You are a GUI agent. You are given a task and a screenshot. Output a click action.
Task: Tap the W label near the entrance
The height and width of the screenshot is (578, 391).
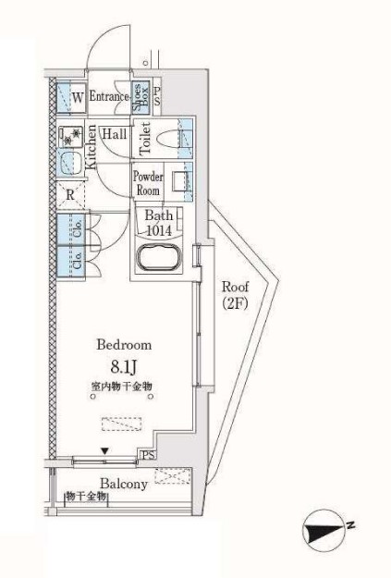point(78,96)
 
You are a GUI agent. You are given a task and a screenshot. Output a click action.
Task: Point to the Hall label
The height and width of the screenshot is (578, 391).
point(115,133)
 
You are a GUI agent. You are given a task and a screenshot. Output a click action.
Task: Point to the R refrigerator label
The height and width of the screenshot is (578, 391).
point(70,194)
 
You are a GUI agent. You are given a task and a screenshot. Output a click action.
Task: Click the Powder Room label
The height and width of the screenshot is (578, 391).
point(148,182)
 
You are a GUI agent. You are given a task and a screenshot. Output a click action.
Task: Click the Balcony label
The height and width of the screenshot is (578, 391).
point(124,484)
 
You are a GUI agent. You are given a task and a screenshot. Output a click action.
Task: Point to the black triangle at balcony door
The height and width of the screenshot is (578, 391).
point(105,451)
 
